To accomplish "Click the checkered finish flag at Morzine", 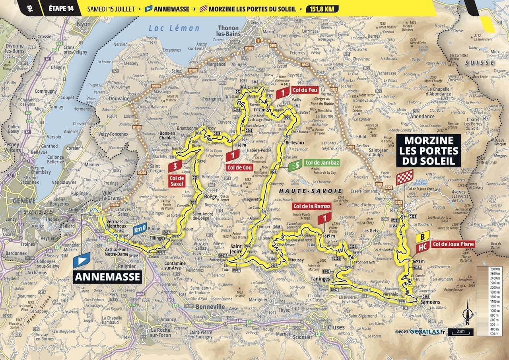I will coord(404,177).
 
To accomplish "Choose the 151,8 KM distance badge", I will coord(322,8).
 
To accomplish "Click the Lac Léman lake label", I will coord(173,28).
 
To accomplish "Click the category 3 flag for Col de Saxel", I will coord(175,166).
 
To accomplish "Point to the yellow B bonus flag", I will coord(423,236).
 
